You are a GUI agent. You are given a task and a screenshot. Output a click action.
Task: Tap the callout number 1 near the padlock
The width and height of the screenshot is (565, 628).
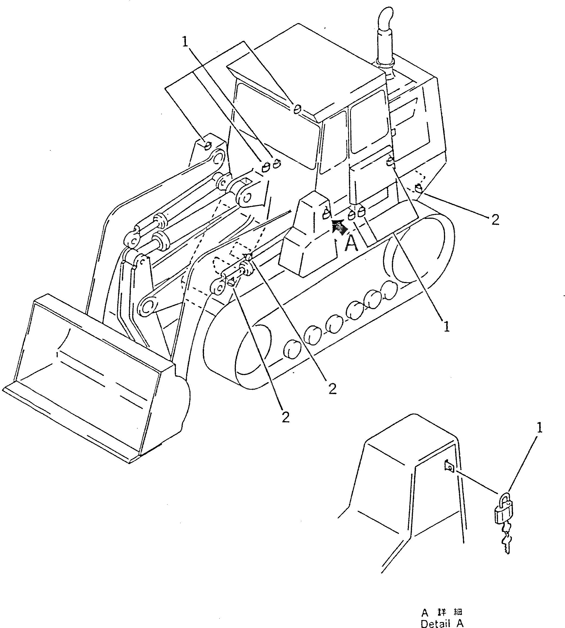539,429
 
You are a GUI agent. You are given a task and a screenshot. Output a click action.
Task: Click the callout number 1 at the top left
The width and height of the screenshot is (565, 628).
185,42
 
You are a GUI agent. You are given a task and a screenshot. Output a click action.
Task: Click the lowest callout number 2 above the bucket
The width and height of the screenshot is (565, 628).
285,417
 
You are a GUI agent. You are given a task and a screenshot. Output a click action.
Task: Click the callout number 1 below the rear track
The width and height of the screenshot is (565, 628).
446,326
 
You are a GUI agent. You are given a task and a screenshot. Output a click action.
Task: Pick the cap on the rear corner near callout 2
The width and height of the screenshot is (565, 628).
418,188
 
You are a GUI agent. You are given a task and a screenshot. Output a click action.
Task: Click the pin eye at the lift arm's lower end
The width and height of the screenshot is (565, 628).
148,307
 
